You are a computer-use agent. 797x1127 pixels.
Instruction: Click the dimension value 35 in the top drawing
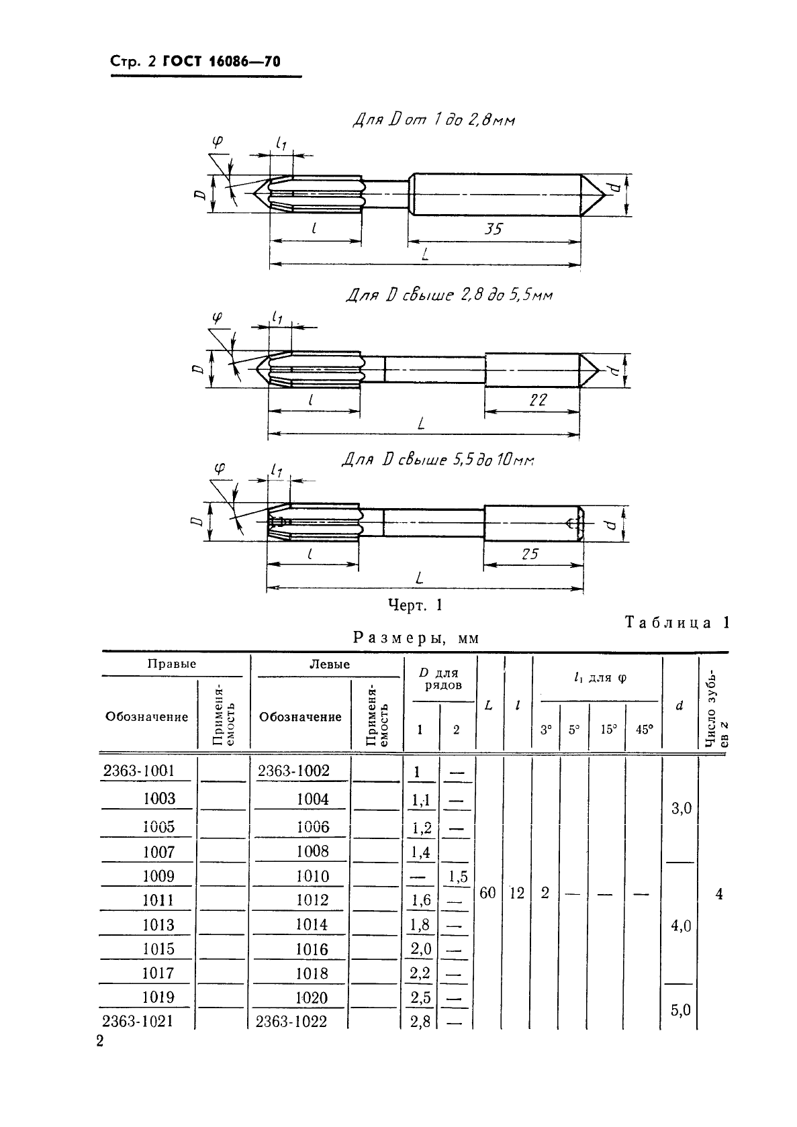494,229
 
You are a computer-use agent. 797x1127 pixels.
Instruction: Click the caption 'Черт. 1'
416,605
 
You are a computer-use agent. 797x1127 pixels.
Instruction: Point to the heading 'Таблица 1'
677,622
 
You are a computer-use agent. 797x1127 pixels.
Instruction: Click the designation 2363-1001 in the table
138,771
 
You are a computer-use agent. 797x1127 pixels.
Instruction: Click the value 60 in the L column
488,893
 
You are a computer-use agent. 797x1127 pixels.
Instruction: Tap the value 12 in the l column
517,893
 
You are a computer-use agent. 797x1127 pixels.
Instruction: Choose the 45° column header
644,729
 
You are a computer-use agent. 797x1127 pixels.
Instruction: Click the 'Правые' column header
172,664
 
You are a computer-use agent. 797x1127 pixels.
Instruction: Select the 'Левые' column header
329,665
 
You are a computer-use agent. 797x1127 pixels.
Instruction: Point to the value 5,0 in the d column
680,1010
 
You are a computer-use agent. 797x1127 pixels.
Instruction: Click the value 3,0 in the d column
681,809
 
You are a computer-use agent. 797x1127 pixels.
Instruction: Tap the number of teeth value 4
719,894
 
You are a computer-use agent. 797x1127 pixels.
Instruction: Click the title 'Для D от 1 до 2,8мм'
434,121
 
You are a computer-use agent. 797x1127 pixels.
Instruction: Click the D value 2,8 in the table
420,1022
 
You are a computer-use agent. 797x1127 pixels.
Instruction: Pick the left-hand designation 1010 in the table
312,876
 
